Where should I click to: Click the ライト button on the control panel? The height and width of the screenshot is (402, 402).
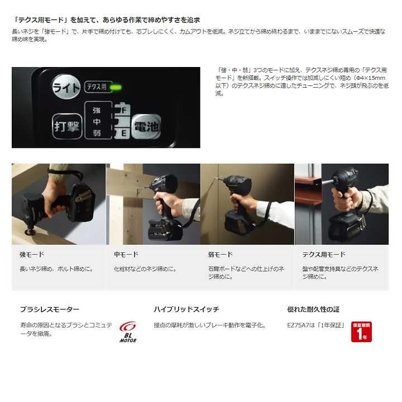[x=66, y=87]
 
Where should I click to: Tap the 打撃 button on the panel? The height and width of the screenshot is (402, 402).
[x=66, y=126]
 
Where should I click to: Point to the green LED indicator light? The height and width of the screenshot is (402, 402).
[x=116, y=87]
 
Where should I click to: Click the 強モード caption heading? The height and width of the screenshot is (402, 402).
[x=32, y=255]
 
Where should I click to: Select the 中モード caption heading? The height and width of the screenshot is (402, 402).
[x=126, y=255]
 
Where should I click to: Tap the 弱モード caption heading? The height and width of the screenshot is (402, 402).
[x=220, y=255]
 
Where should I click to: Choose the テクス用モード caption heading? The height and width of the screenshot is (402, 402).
[x=324, y=255]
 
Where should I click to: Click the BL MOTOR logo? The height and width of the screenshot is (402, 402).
[x=128, y=332]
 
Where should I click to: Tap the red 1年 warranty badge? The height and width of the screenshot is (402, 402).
[x=361, y=331]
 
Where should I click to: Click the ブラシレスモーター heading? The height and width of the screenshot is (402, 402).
[x=50, y=309]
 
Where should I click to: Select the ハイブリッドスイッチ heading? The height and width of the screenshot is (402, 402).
[x=186, y=309]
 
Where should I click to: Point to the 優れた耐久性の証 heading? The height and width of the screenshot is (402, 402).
[x=313, y=309]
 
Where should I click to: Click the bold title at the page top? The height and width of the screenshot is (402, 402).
[x=106, y=20]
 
